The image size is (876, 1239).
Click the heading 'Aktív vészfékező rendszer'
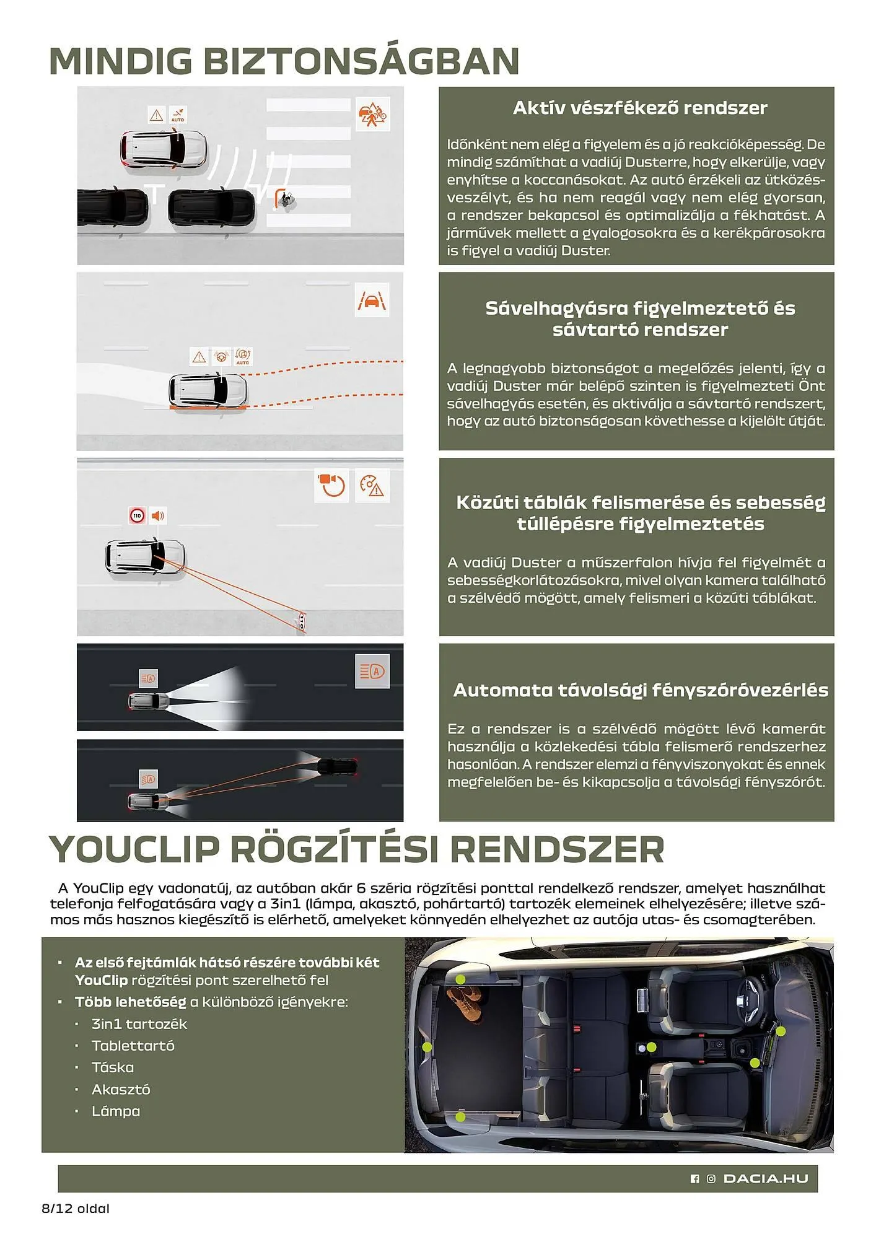click(639, 108)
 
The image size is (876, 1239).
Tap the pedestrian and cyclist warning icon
click(372, 114)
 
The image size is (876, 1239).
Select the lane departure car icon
click(372, 301)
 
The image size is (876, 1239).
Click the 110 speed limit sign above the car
click(137, 515)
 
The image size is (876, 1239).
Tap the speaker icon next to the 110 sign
click(158, 515)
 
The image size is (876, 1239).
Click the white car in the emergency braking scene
click(163, 148)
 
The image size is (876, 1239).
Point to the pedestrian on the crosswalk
click(286, 199)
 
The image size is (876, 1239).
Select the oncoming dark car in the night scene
click(336, 766)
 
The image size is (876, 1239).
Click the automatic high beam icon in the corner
click(372, 672)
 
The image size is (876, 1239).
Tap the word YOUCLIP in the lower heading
click(134, 849)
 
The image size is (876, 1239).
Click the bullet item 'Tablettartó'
click(133, 1046)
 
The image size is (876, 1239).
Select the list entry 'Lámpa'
click(115, 1111)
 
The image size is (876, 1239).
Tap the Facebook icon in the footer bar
click(694, 1179)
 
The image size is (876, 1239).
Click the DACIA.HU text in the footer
click(766, 1179)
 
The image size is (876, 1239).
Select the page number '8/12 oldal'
click(76, 1208)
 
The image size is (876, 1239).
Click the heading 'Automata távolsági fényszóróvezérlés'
click(640, 690)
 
